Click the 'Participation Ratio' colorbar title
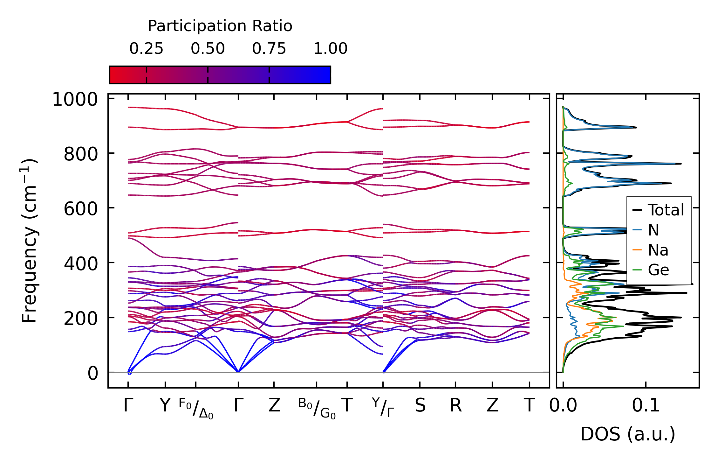pos(220,26)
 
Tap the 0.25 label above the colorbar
pos(146,49)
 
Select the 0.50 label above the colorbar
pos(208,49)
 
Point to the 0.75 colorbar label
pos(269,49)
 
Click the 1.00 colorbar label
pos(330,49)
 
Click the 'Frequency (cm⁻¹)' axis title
pos(30,241)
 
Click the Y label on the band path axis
pos(165,405)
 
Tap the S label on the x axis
pos(420,406)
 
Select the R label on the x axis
pos(455,406)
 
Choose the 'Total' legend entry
pos(666,210)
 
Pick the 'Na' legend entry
pos(658,250)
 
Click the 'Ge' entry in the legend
pos(658,270)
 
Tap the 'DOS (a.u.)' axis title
pos(628,434)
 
